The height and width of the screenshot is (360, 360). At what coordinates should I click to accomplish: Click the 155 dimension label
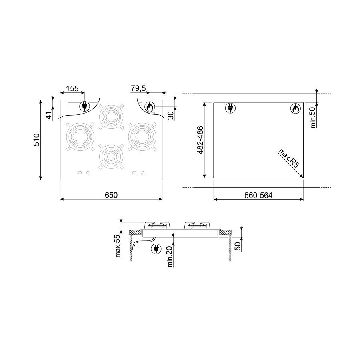(72, 88)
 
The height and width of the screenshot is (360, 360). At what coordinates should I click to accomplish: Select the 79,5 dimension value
(138, 88)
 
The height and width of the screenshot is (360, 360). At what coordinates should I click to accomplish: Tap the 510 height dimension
(37, 140)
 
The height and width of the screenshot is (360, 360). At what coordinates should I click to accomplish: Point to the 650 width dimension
(111, 195)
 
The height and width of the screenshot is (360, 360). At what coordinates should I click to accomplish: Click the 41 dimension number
(49, 115)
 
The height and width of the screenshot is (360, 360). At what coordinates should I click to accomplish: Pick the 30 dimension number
(171, 116)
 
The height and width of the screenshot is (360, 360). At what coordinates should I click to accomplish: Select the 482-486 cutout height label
(200, 140)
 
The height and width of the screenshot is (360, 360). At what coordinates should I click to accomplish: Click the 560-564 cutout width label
(258, 195)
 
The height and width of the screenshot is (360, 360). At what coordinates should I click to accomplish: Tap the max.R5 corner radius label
(289, 158)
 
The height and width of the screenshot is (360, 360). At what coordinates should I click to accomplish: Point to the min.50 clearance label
(313, 118)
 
